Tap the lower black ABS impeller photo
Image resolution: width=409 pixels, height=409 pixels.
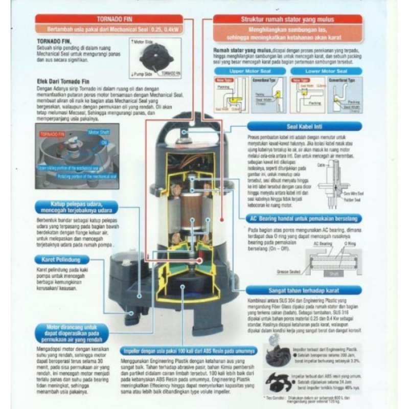click(x=284, y=383)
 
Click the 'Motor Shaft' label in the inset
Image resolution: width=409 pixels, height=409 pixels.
click(x=99, y=132)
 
